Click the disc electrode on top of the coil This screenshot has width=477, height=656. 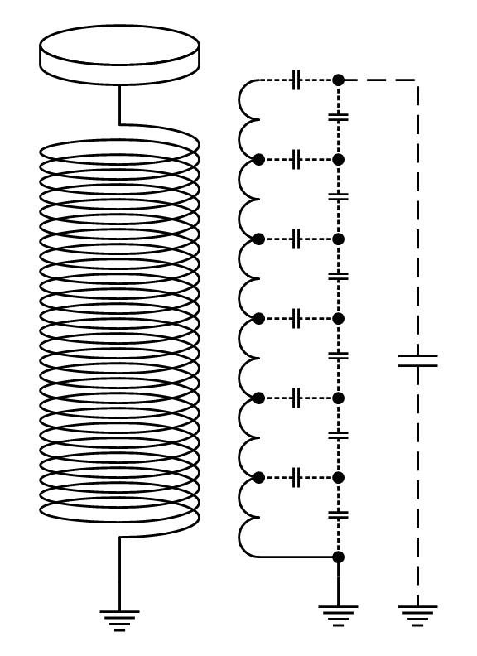(120, 54)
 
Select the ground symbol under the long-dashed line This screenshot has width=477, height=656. (417, 615)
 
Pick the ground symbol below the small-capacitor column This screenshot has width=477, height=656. (338, 615)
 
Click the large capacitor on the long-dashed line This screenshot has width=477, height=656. (417, 360)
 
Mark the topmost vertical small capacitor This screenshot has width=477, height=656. (338, 117)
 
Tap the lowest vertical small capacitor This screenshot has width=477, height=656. (338, 514)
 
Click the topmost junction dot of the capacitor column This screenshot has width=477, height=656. (338, 80)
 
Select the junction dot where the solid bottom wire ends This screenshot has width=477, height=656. (338, 557)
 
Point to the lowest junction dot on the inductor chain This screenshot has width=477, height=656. (258, 478)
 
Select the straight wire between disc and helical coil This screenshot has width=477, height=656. (120, 104)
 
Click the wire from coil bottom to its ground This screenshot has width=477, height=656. (120, 572)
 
